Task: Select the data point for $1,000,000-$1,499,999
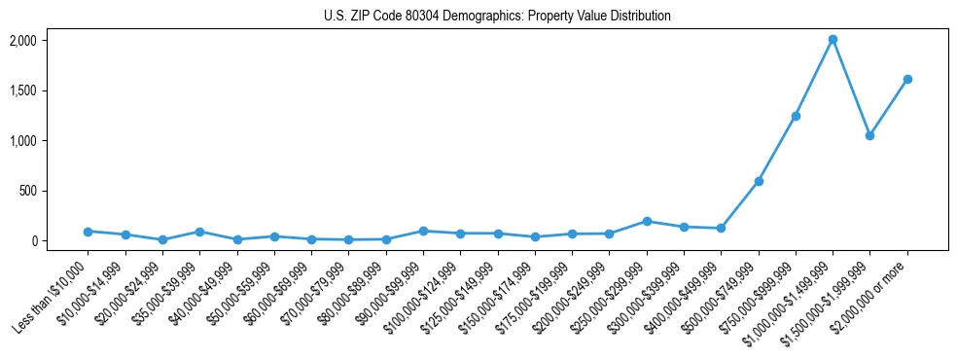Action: [x=833, y=40]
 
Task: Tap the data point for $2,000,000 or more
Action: [x=907, y=79]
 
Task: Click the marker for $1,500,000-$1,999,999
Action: [x=869, y=135]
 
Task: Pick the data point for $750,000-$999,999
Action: [x=796, y=116]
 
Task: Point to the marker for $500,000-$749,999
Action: [x=759, y=181]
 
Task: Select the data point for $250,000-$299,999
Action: [x=647, y=221]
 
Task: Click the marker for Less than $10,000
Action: [x=88, y=232]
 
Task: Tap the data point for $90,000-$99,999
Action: [x=423, y=231]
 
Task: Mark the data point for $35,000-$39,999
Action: [x=199, y=232]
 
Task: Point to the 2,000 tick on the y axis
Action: [x=49, y=41]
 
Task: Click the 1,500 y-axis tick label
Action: [x=49, y=90]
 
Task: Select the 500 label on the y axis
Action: [x=54, y=191]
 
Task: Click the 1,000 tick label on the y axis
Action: [x=49, y=141]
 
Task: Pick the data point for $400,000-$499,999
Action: [x=721, y=229]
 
